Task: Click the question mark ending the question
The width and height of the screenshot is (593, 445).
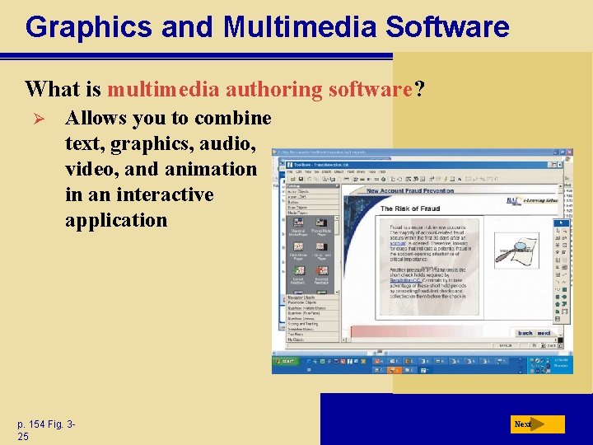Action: point(420,88)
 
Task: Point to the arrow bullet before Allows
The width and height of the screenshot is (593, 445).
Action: point(35,118)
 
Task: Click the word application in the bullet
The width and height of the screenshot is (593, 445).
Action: point(115,220)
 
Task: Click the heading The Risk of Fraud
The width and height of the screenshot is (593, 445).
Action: point(410,209)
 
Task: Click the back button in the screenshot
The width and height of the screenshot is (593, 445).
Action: point(525,334)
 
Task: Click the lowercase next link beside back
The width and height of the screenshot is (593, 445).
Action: point(544,334)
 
